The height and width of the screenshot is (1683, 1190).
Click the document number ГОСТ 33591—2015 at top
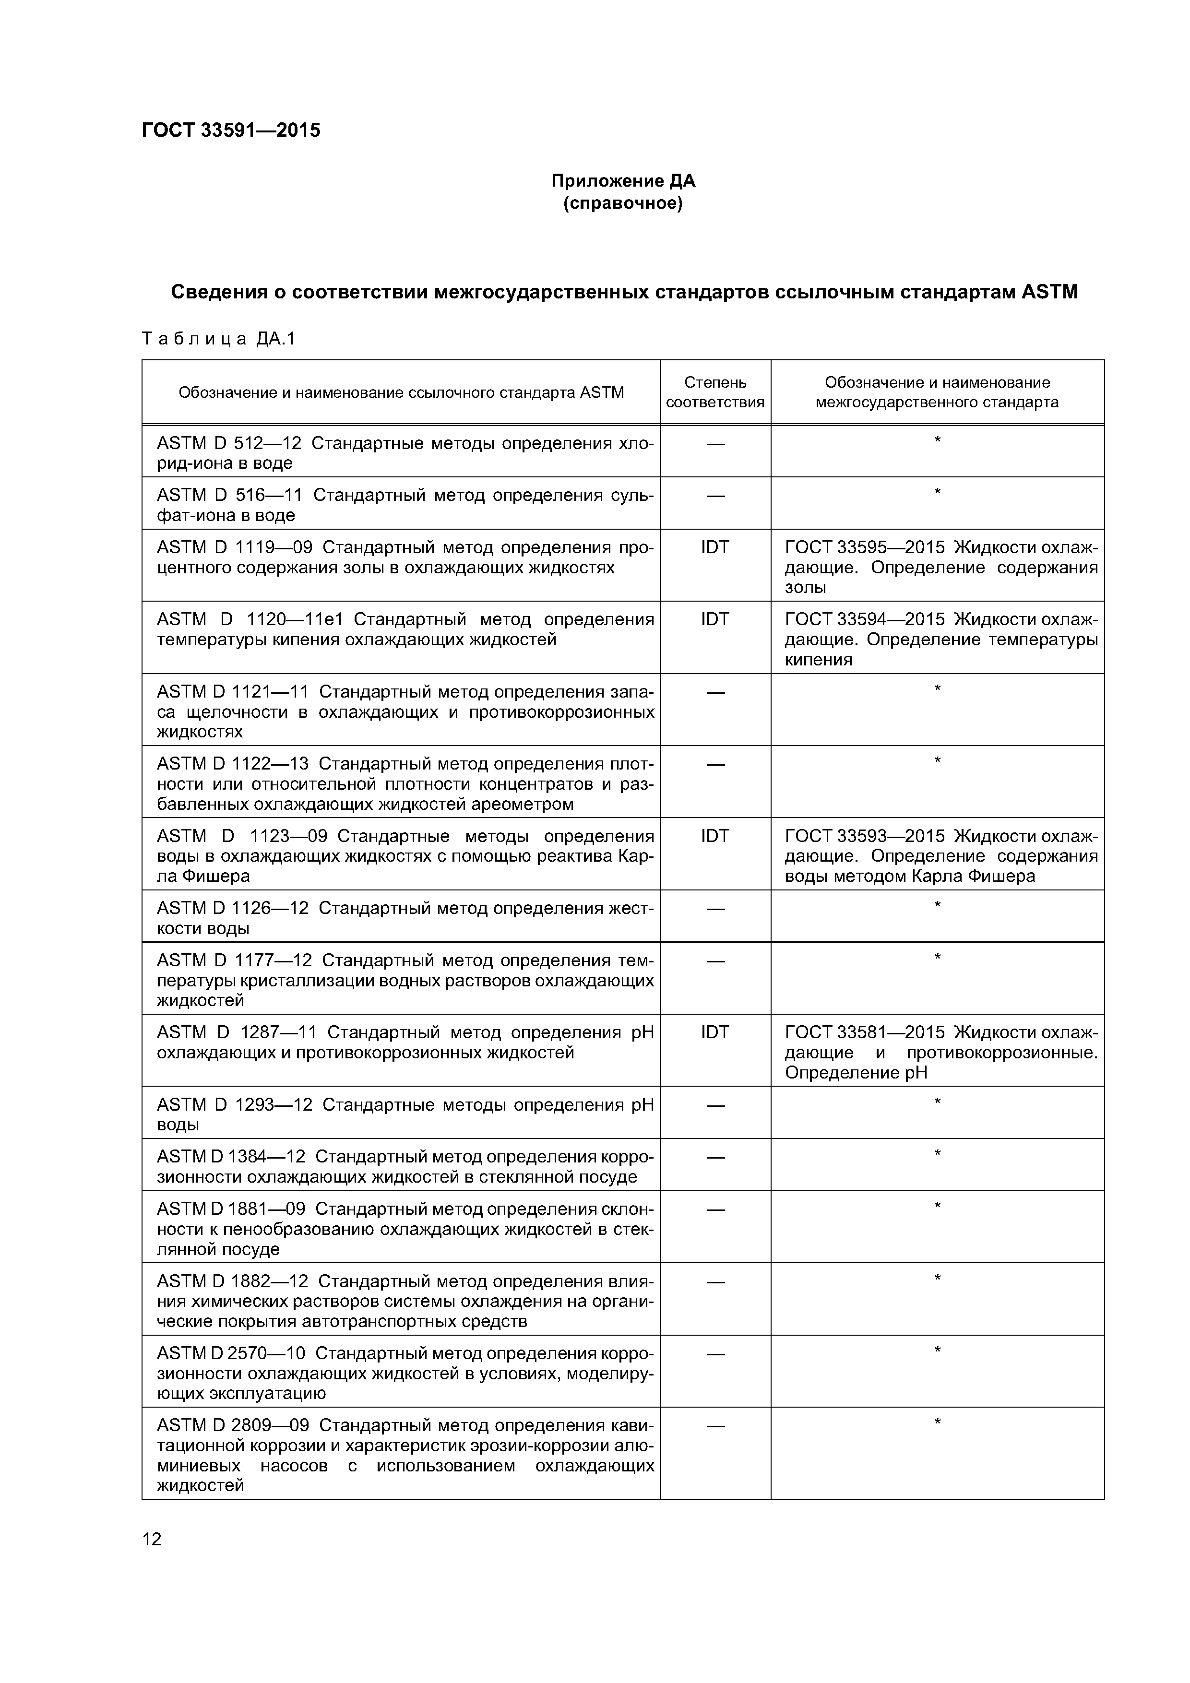(231, 130)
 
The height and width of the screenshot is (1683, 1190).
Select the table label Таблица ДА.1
(218, 339)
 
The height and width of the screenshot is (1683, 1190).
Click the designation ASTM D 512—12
(229, 443)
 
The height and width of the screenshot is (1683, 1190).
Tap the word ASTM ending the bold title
(1049, 293)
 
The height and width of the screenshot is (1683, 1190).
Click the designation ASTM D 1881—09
(230, 1209)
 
